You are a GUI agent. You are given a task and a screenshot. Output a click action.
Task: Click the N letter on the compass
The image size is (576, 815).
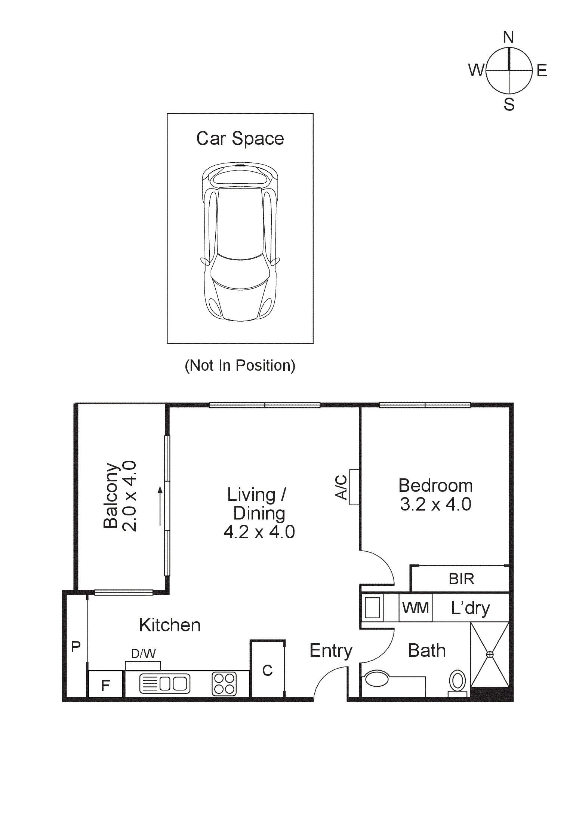[x=508, y=37]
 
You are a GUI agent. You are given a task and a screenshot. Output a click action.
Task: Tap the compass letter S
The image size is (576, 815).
[x=509, y=104]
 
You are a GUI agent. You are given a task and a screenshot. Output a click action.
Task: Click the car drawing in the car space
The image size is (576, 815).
[x=240, y=242]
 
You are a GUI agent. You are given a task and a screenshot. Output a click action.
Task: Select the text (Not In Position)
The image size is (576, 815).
[x=240, y=365]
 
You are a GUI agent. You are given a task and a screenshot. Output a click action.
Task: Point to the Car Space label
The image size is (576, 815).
[x=240, y=138]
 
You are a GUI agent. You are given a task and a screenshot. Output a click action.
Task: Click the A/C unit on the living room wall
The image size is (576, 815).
[x=354, y=487]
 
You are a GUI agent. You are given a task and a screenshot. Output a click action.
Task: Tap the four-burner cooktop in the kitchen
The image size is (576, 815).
[x=224, y=684]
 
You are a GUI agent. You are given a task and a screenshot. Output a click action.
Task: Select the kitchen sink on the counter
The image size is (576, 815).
[x=164, y=684]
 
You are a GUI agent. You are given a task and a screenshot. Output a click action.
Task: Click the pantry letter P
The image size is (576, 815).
[x=76, y=646]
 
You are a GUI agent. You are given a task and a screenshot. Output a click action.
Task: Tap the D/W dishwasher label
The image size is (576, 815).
[x=144, y=653]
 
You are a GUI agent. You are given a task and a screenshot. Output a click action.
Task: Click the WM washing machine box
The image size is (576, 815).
[x=415, y=608]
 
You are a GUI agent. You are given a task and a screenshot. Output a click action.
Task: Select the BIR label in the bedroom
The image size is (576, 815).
[x=461, y=579]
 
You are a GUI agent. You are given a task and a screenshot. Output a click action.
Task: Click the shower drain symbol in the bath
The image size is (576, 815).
[x=490, y=655]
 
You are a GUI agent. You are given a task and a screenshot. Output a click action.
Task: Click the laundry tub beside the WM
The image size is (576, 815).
[x=372, y=607]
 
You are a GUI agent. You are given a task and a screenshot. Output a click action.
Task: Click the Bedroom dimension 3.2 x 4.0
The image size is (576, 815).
[x=435, y=504]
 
